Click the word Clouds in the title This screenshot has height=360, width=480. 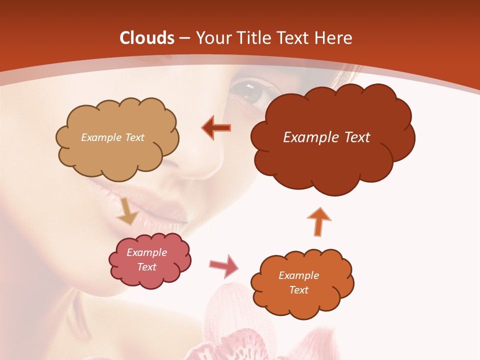click(x=146, y=38)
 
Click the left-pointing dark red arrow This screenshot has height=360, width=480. click(x=216, y=128)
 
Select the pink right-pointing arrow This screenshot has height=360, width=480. click(x=224, y=265)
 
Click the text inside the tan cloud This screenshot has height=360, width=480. click(x=112, y=137)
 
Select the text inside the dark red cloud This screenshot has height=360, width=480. click(x=326, y=137)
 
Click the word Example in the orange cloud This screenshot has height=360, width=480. click(x=298, y=275)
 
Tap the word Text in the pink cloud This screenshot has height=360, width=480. click(x=147, y=267)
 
